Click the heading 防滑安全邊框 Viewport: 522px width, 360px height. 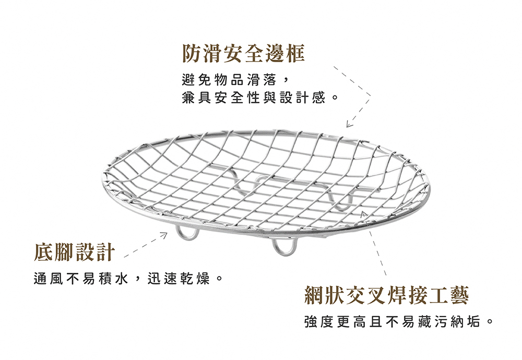243,53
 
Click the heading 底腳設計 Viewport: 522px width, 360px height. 75,252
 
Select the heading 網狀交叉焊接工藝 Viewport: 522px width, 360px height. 386,295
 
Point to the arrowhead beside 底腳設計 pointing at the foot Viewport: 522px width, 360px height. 163,235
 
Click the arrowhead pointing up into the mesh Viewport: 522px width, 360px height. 364,213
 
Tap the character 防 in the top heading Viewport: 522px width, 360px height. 192,53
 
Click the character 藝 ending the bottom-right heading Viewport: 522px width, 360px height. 459,295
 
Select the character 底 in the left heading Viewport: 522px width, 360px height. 44,252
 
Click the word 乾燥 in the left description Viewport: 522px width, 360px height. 195,279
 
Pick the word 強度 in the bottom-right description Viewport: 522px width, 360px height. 319,322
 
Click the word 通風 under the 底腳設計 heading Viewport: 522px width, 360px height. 48,279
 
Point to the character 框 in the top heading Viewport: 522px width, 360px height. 295,53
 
